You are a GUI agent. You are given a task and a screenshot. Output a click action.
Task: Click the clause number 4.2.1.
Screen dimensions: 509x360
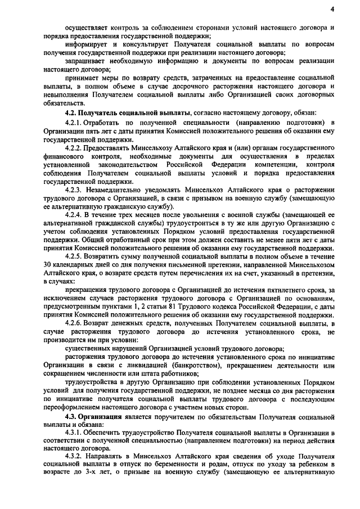click(74, 122)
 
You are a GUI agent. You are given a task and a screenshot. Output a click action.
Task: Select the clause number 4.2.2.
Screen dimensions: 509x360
click(74, 146)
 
